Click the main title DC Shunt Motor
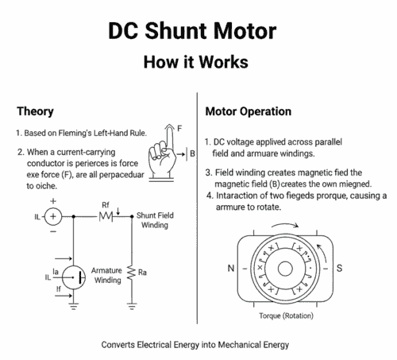(198, 32)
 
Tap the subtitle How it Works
(198, 62)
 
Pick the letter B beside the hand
(192, 153)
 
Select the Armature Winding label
(106, 275)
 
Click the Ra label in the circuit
(143, 273)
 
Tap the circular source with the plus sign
(53, 215)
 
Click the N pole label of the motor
(231, 268)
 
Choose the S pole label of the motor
(339, 268)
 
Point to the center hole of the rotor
(284, 268)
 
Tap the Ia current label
(55, 271)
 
